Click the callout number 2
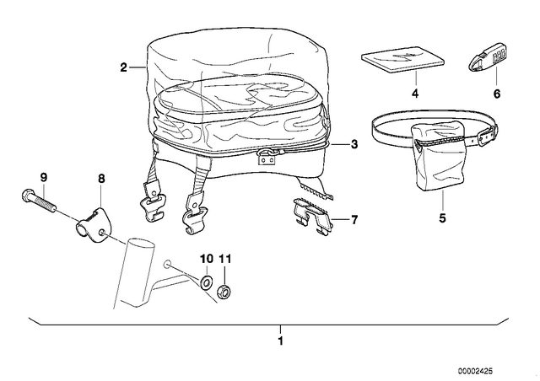(x=123, y=67)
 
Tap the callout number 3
(x=354, y=144)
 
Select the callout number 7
(x=354, y=220)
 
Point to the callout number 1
(x=281, y=341)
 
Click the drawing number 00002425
(x=475, y=371)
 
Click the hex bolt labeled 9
(x=38, y=200)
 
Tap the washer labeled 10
(x=206, y=283)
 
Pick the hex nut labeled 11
(x=223, y=292)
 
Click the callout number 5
(x=442, y=217)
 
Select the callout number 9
(x=43, y=178)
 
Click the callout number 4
(x=415, y=94)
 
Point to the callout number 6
(x=497, y=94)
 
